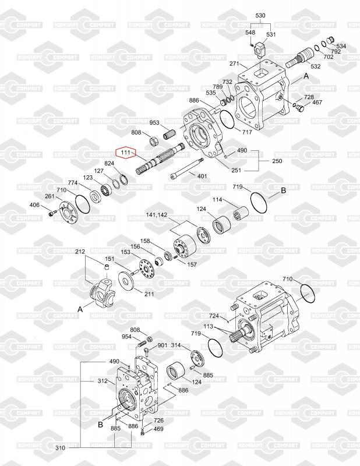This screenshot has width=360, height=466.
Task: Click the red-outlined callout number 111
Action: coord(126,153)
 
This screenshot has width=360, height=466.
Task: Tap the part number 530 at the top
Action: coord(260,16)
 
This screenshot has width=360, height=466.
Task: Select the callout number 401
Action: coord(202,176)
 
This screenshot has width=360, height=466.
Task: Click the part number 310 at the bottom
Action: coord(60,447)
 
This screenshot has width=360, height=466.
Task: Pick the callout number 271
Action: coord(235,63)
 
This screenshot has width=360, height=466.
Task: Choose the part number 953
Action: coord(154,122)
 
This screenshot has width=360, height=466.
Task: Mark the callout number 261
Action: coord(50,196)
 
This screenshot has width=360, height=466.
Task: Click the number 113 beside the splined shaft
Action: coord(208,326)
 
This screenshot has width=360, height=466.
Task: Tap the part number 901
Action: coord(163,345)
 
